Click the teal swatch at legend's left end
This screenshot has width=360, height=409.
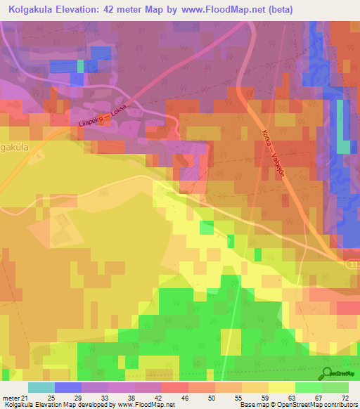pos(41,387)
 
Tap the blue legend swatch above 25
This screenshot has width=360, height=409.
pos(68,387)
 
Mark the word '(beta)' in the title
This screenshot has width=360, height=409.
pos(277,10)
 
